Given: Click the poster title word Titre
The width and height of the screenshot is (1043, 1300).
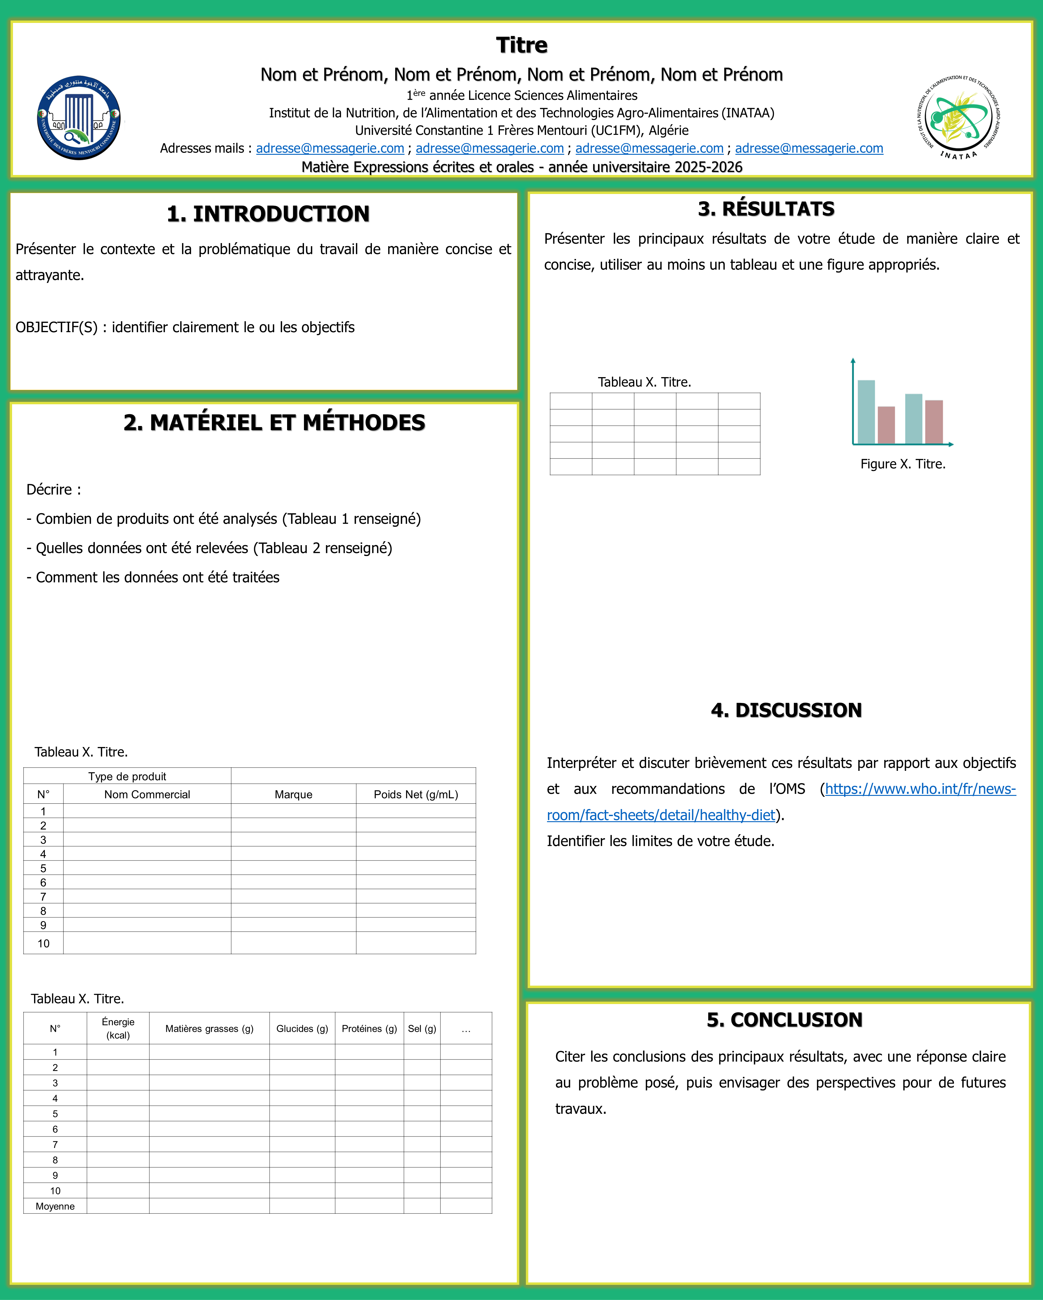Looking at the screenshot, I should (521, 45).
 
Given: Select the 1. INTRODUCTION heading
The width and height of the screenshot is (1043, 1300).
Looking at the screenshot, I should (268, 214).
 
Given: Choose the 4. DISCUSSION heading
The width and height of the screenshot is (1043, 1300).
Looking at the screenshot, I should (786, 710).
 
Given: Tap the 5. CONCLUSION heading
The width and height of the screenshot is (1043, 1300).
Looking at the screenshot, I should (784, 1020).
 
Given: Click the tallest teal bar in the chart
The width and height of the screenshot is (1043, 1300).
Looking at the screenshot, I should (866, 412).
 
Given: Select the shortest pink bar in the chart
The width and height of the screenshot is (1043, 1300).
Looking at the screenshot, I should (886, 425).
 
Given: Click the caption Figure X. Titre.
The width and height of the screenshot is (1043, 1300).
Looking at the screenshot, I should (902, 464).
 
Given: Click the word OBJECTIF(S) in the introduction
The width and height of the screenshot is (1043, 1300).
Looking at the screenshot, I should (56, 327).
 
